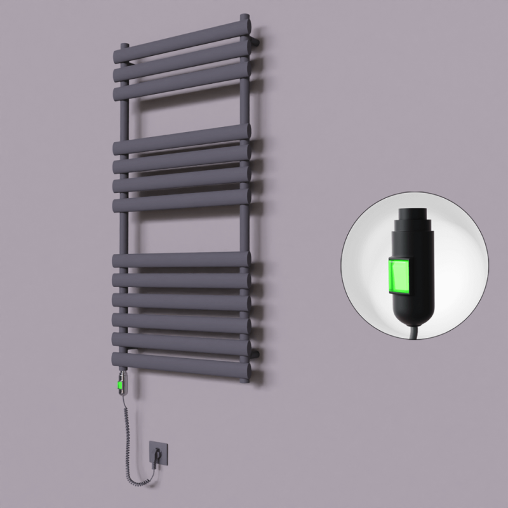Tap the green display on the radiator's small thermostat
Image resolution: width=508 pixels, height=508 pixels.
119,383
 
